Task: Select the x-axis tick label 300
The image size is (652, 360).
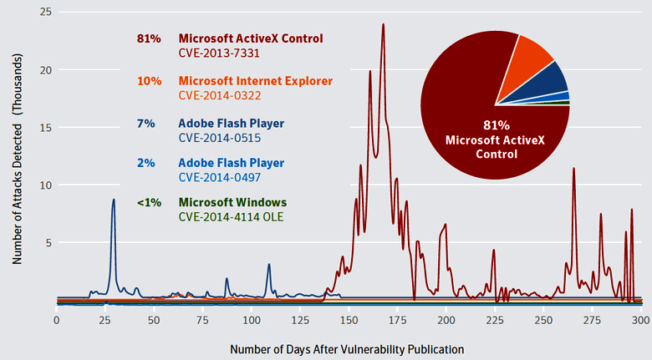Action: (x=641, y=320)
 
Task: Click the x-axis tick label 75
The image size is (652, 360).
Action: (x=202, y=320)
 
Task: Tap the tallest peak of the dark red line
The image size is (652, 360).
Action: (x=383, y=25)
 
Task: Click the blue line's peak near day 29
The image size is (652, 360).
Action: (x=114, y=200)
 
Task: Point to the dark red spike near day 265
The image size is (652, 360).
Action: (x=573, y=169)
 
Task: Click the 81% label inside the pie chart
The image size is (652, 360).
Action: (x=495, y=124)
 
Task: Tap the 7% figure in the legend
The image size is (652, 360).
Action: (x=146, y=123)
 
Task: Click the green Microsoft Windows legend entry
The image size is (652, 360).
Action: (x=232, y=203)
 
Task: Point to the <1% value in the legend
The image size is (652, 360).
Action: (x=145, y=203)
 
